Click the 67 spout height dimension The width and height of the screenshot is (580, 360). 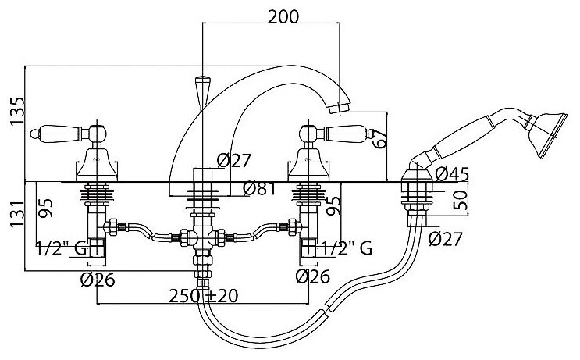[x=380, y=139]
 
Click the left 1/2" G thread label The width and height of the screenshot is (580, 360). [x=62, y=250]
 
